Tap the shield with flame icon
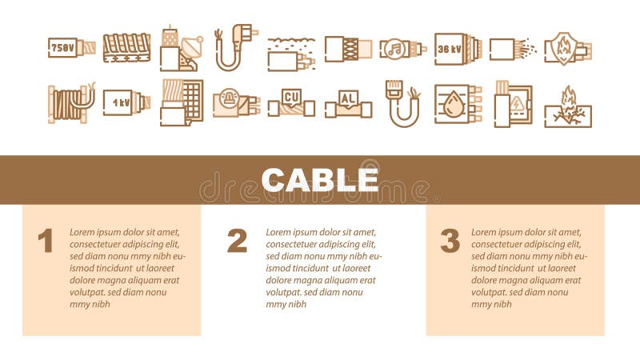(567, 47)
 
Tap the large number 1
(46, 240)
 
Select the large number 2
(237, 240)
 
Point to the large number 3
(450, 240)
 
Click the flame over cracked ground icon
(567, 106)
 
